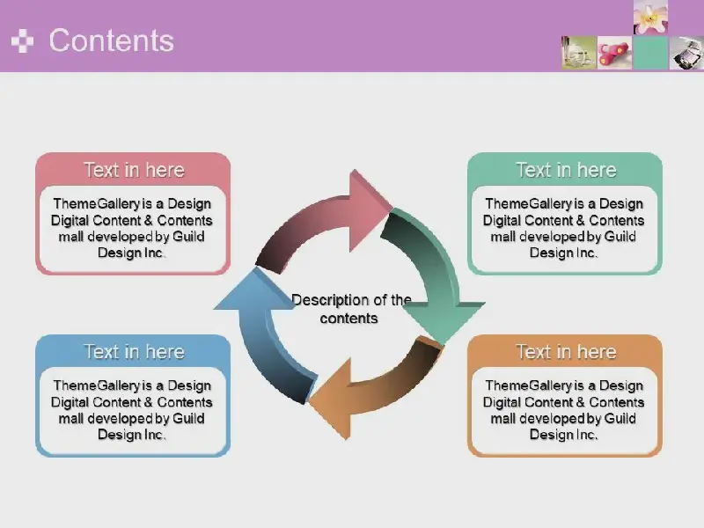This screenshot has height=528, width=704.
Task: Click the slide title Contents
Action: (x=112, y=40)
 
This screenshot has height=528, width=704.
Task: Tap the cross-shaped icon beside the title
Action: (x=23, y=40)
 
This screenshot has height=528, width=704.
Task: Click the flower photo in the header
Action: (x=650, y=17)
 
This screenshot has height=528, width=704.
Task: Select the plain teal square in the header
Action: (x=650, y=53)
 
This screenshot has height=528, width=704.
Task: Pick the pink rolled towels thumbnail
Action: (x=614, y=53)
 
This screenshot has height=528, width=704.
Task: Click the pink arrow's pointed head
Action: (x=370, y=210)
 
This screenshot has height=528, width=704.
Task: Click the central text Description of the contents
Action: (x=350, y=309)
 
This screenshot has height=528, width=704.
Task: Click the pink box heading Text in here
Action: (x=135, y=170)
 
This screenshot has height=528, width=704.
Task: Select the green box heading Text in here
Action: (x=566, y=170)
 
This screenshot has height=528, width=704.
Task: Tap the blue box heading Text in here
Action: (x=135, y=352)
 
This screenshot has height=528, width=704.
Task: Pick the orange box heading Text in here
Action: (x=566, y=352)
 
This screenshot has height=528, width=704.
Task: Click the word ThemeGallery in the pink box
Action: (x=97, y=204)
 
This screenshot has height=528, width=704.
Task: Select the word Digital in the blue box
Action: (x=71, y=402)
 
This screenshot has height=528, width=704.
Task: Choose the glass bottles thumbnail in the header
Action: (x=579, y=53)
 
